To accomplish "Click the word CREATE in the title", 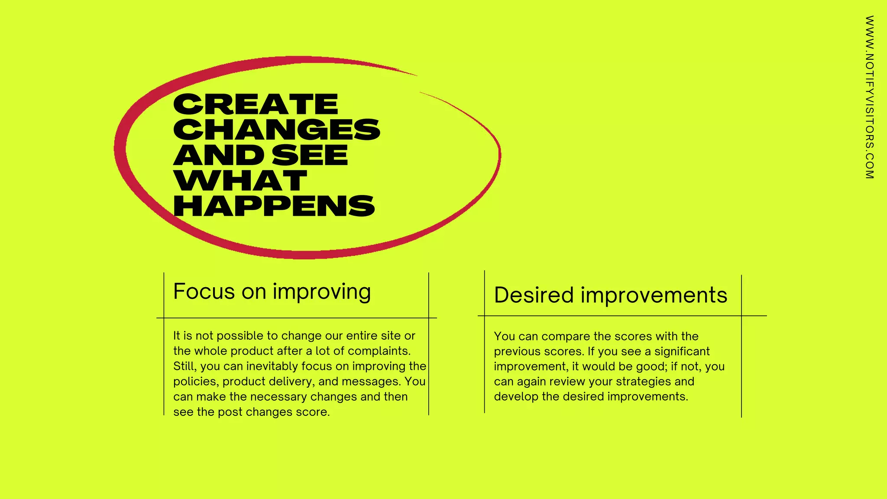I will click(x=256, y=104).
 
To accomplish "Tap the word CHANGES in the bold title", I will click(x=277, y=130).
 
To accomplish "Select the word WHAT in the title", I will click(x=240, y=181).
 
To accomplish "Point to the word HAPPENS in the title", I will click(x=274, y=206).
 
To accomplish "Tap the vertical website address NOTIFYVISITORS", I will click(x=869, y=97).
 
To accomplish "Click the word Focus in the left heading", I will click(x=204, y=292).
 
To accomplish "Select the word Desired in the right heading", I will click(x=534, y=295).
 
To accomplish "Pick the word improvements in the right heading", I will click(x=654, y=295).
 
